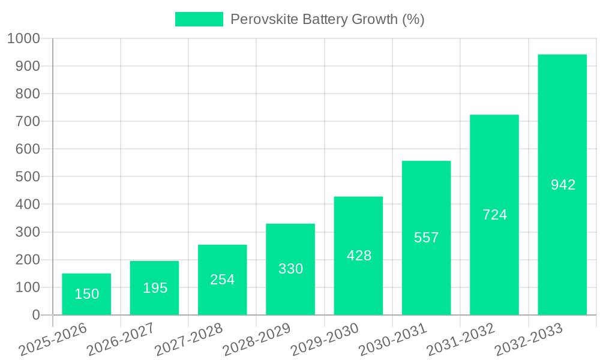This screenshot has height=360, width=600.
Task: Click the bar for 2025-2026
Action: pyautogui.click(x=86, y=294)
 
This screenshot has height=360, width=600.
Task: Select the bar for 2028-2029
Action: pyautogui.click(x=290, y=269)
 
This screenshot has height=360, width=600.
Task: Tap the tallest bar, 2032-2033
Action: pyautogui.click(x=562, y=185)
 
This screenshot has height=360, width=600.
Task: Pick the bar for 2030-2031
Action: pyautogui.click(x=426, y=238)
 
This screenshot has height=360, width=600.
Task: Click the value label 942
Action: pyautogui.click(x=563, y=185)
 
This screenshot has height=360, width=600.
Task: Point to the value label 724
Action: pyautogui.click(x=495, y=215)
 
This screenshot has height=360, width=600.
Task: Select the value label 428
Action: pyautogui.click(x=359, y=256)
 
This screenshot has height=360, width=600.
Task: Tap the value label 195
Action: pyautogui.click(x=155, y=288)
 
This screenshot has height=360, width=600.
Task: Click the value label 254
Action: pyautogui.click(x=223, y=280)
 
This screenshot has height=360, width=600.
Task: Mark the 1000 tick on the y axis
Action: pyautogui.click(x=23, y=38)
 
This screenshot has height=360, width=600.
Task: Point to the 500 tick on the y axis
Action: pyautogui.click(x=28, y=177)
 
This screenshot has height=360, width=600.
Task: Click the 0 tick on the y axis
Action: pyautogui.click(x=36, y=315)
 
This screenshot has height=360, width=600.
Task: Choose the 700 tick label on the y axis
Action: pyautogui.click(x=28, y=121)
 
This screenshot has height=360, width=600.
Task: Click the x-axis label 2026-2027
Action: pyautogui.click(x=121, y=340)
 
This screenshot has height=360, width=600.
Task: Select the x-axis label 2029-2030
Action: pyautogui.click(x=325, y=340)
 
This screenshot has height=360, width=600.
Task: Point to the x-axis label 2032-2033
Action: pyautogui.click(x=529, y=340)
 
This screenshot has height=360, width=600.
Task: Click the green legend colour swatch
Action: pyautogui.click(x=199, y=19)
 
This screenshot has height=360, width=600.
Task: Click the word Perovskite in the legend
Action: pyautogui.click(x=264, y=19)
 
